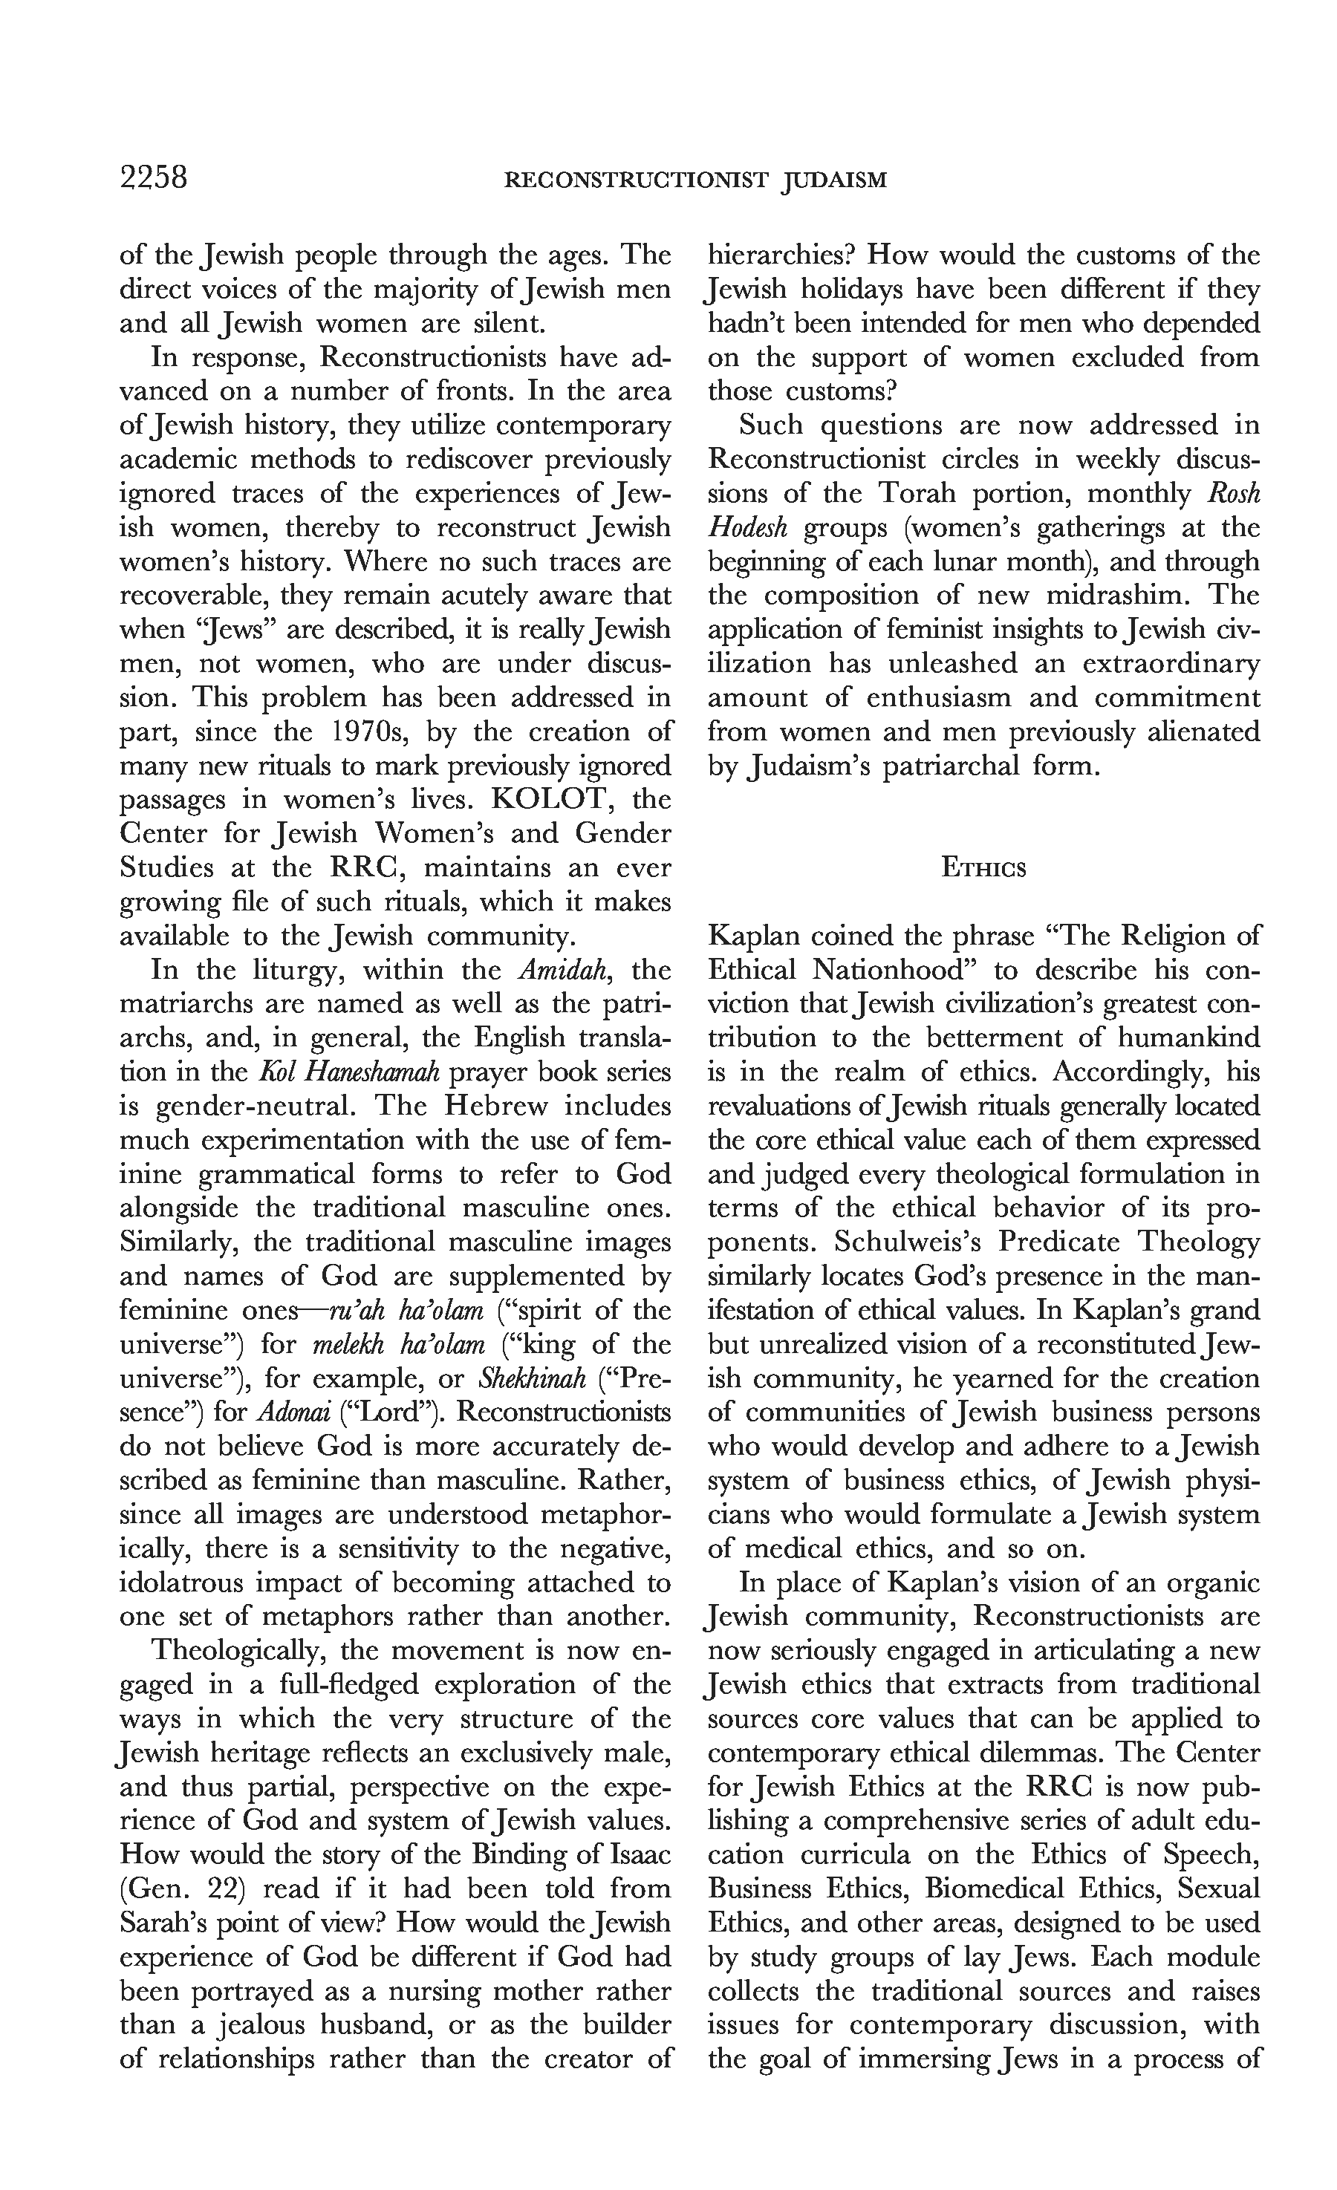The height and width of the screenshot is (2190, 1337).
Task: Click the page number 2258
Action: tap(154, 179)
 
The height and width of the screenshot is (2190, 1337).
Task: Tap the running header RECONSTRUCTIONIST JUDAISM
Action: tap(695, 181)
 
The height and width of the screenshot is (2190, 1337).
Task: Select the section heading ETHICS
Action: tap(983, 868)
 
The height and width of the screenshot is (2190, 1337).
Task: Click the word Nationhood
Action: tap(863, 970)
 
